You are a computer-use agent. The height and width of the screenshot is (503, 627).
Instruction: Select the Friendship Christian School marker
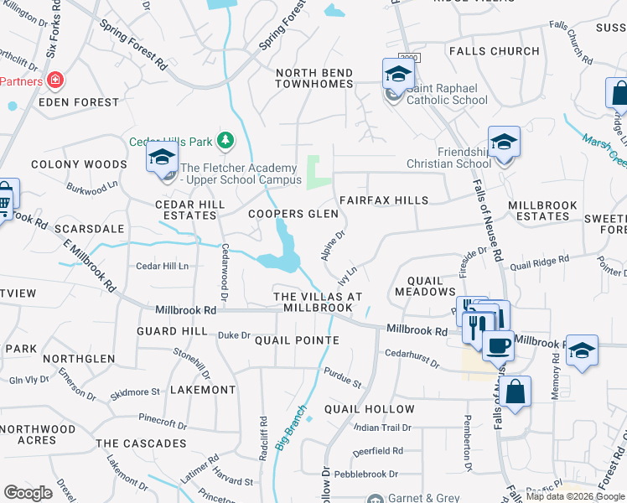click(504, 144)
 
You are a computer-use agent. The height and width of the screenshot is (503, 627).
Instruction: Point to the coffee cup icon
click(498, 345)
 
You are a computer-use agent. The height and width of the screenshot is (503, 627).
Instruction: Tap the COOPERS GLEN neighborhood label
click(293, 214)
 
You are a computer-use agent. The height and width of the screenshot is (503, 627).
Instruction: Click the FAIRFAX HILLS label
click(383, 200)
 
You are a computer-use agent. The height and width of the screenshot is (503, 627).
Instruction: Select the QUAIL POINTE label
click(297, 340)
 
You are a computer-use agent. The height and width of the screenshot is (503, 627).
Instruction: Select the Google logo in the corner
click(28, 493)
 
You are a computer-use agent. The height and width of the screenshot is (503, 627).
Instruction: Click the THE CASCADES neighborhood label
click(141, 443)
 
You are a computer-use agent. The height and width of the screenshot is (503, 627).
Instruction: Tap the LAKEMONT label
click(203, 390)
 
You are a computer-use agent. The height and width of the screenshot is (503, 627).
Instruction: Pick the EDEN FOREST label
click(79, 102)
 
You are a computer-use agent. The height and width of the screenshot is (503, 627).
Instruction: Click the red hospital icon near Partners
click(54, 80)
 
